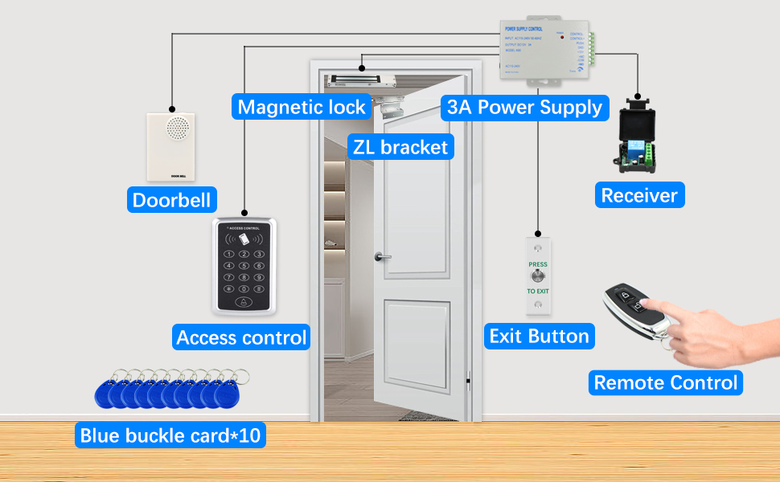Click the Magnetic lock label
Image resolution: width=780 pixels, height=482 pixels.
[302, 107]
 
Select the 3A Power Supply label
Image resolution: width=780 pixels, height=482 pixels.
[524, 107]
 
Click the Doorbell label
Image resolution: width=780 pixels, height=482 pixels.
[172, 199]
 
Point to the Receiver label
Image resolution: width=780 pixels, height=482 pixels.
[639, 194]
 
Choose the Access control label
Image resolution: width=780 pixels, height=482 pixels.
[241, 337]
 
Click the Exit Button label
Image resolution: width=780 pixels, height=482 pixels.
[539, 336]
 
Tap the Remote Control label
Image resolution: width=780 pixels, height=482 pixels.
[665, 382]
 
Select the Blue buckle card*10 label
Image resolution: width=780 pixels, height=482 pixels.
[170, 435]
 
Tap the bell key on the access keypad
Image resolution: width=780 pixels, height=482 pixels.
[243, 303]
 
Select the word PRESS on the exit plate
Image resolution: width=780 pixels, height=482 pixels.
[538, 263]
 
